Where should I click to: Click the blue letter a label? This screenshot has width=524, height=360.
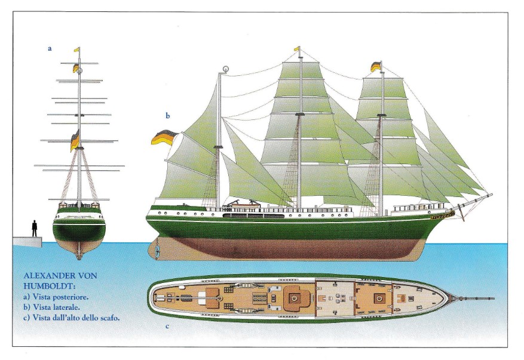coord(50,49)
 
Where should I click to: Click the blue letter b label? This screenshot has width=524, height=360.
coord(168,116)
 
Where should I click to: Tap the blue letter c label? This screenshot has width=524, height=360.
coord(167,327)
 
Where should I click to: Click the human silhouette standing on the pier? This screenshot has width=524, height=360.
coord(34,229)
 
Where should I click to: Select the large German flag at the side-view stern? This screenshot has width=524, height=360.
coord(164,137)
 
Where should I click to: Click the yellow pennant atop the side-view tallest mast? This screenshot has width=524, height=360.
coord(297,49)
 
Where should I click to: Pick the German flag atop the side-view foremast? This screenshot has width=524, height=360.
coord(376,66)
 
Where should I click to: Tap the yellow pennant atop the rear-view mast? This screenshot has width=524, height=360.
coord(77,50)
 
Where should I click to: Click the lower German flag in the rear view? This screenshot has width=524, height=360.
coord(75,141)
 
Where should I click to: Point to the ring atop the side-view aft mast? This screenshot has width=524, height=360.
coord(226,69)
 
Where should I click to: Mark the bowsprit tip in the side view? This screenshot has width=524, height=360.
coord(492,194)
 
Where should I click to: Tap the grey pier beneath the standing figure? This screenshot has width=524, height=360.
coord(27,242)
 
